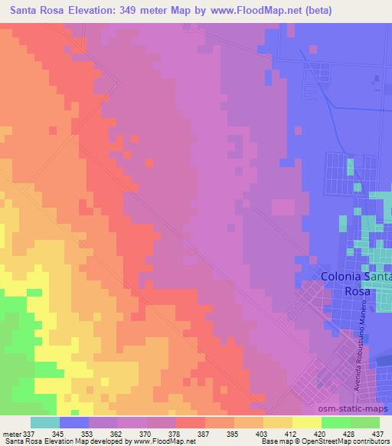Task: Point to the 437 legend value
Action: click(x=378, y=434)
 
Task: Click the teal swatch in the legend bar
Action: click(x=44, y=423)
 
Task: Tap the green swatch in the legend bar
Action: click(x=335, y=423)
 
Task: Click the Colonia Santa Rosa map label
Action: click(x=357, y=284)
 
